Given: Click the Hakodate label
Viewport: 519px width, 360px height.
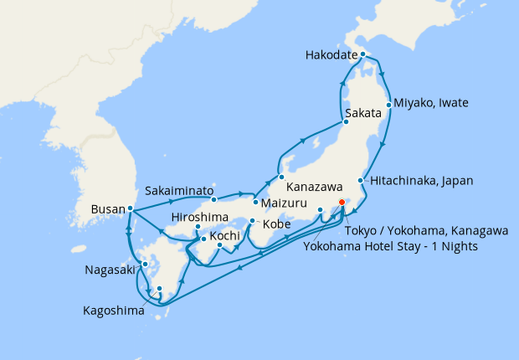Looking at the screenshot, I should click(332, 57).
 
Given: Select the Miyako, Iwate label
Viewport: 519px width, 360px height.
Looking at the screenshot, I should click(430, 103).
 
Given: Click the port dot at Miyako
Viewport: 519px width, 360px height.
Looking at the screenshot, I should click(388, 105).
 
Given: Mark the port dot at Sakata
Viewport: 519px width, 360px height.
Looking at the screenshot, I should click(345, 122).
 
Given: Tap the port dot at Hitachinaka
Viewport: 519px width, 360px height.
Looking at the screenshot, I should click(361, 180).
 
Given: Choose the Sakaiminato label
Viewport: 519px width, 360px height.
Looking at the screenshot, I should click(179, 189).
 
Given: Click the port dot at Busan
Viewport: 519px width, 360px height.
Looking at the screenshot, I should click(131, 208).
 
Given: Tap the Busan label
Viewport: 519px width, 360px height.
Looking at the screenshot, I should click(109, 208).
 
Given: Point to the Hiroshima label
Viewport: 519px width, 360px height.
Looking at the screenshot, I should click(198, 217).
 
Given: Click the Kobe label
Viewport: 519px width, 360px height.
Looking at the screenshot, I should click(277, 225).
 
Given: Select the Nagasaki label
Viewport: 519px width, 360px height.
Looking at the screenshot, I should click(110, 270).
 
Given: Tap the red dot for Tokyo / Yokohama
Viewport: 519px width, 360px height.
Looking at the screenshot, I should click(341, 201).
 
